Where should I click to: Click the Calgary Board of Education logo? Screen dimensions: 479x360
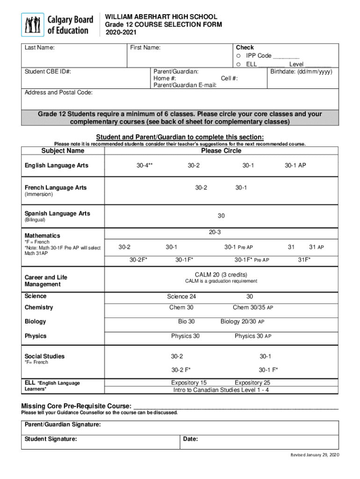(x=57, y=25)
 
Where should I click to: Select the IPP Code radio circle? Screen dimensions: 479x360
(x=238, y=56)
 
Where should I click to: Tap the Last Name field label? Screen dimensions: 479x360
(x=39, y=48)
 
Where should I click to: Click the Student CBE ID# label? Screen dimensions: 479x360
(x=48, y=72)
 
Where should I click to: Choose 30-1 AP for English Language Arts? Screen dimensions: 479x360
(x=295, y=165)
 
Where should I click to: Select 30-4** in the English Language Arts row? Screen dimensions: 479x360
(x=144, y=165)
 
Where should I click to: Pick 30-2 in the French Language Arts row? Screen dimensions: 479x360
(x=201, y=188)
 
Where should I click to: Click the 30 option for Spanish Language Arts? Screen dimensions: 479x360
(x=221, y=216)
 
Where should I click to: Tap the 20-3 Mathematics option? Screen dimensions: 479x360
(x=215, y=232)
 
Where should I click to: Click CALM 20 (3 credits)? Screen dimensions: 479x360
(x=221, y=275)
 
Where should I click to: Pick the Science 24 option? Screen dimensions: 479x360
(x=181, y=297)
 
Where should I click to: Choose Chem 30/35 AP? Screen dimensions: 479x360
(x=252, y=307)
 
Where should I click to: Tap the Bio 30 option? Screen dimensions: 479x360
(x=187, y=321)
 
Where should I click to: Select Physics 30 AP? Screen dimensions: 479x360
(x=252, y=336)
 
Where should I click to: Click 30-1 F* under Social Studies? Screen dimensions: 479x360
(x=268, y=370)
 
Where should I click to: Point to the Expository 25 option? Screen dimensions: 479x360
(x=252, y=383)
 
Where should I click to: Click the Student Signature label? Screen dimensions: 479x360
(x=50, y=439)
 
